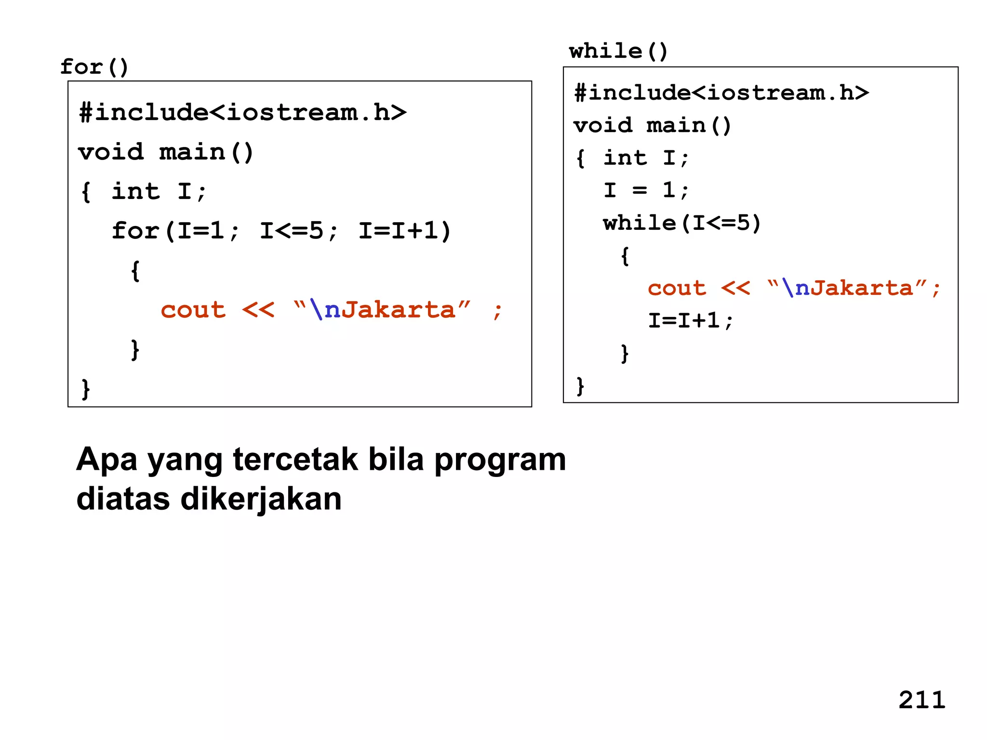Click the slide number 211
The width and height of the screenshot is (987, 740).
pyautogui.click(x=921, y=700)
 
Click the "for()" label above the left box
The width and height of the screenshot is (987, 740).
pyautogui.click(x=94, y=66)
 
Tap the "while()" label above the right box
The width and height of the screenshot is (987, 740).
pyautogui.click(x=618, y=51)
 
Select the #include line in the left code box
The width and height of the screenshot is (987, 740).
pyautogui.click(x=242, y=113)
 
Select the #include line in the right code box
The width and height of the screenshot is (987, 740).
pyautogui.click(x=721, y=92)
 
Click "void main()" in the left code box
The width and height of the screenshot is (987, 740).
pyautogui.click(x=165, y=152)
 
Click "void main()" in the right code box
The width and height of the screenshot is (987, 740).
pyautogui.click(x=652, y=126)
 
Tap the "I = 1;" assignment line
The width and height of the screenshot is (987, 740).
pyautogui.click(x=646, y=190)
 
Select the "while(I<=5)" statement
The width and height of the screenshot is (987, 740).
pyautogui.click(x=682, y=223)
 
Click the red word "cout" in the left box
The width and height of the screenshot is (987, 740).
pyautogui.click(x=193, y=310)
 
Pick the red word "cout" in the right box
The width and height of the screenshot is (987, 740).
pyautogui.click(x=677, y=288)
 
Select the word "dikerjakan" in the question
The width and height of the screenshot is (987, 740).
pyautogui.click(x=261, y=499)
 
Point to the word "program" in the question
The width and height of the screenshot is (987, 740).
pyautogui.click(x=500, y=460)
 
